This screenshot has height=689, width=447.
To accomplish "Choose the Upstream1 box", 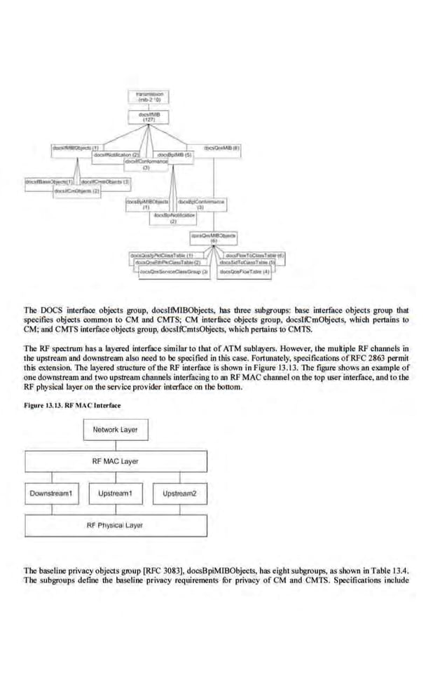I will tap(116, 494).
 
